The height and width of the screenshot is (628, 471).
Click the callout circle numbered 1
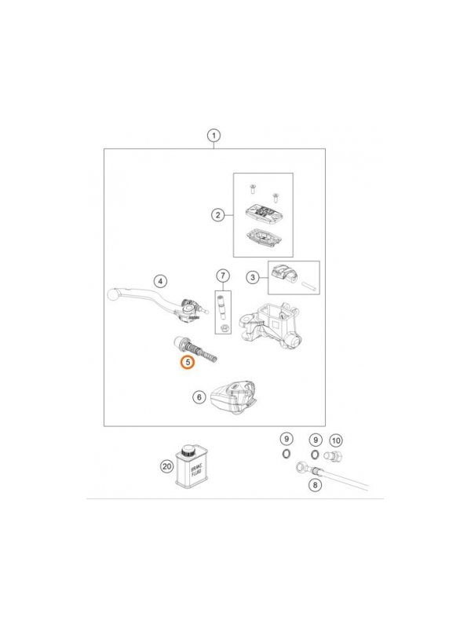(214, 135)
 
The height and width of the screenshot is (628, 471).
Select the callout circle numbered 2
(218, 215)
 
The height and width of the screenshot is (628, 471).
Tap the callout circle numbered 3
(252, 277)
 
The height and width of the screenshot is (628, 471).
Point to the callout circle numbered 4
(160, 281)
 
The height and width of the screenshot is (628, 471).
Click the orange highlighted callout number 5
(188, 363)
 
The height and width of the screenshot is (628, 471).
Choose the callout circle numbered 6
(199, 397)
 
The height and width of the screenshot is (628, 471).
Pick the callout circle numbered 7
(223, 276)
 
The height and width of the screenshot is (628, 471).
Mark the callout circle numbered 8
(316, 485)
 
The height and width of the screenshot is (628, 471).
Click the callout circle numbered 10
(336, 440)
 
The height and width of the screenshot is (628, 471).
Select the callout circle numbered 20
(167, 466)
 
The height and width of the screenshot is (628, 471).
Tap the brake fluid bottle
(190, 466)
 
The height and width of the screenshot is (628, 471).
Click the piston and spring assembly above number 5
(195, 349)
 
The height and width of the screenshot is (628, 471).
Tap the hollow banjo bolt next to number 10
(333, 456)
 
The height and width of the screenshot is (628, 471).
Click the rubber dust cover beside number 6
(233, 397)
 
